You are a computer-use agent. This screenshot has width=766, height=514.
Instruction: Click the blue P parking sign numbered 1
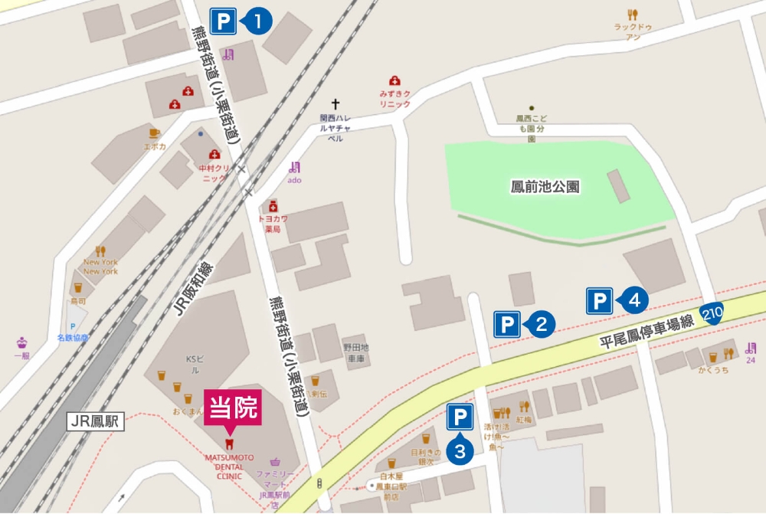pyautogui.click(x=222, y=21)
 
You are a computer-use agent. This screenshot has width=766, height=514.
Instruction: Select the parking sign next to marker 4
pyautogui.click(x=599, y=301)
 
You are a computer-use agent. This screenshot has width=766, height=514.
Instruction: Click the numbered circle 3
pyautogui.click(x=460, y=451)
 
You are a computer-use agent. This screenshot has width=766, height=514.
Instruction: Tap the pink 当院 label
pyautogui.click(x=232, y=407)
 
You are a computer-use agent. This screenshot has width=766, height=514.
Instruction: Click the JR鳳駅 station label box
pyautogui.click(x=95, y=421)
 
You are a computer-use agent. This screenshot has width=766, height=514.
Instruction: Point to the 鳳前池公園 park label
pyautogui.click(x=545, y=186)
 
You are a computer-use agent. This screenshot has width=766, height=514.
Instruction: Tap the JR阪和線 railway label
pyautogui.click(x=192, y=289)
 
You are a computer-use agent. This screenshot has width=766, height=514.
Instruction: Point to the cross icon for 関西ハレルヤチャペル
pyautogui.click(x=335, y=103)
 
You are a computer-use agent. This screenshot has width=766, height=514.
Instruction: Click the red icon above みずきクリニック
pyautogui.click(x=394, y=80)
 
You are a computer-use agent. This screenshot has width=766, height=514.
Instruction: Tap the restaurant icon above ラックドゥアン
pyautogui.click(x=632, y=14)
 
